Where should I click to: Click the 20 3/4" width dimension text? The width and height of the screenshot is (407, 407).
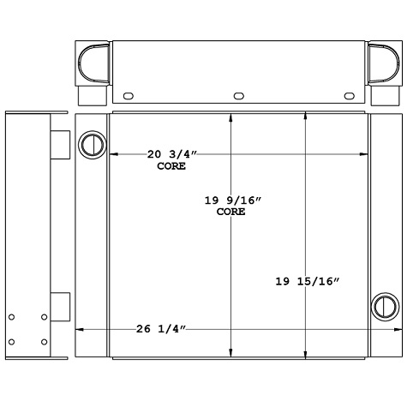[x=172, y=154]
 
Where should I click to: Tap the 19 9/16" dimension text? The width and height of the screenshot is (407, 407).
[x=232, y=200]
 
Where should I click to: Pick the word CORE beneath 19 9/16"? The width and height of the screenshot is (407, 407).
[x=231, y=212]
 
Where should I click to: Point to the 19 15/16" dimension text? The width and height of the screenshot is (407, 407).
[x=308, y=281]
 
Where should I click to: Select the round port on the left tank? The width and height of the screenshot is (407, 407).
[x=91, y=144]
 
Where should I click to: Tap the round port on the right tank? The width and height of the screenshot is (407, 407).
[x=384, y=305]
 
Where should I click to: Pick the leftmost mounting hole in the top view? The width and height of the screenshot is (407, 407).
[x=129, y=96]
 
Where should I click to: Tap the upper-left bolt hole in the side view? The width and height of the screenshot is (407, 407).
[x=12, y=318]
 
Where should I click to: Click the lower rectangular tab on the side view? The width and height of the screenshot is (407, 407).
[x=59, y=305]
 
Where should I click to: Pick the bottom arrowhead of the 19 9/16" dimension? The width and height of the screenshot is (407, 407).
[x=230, y=353]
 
